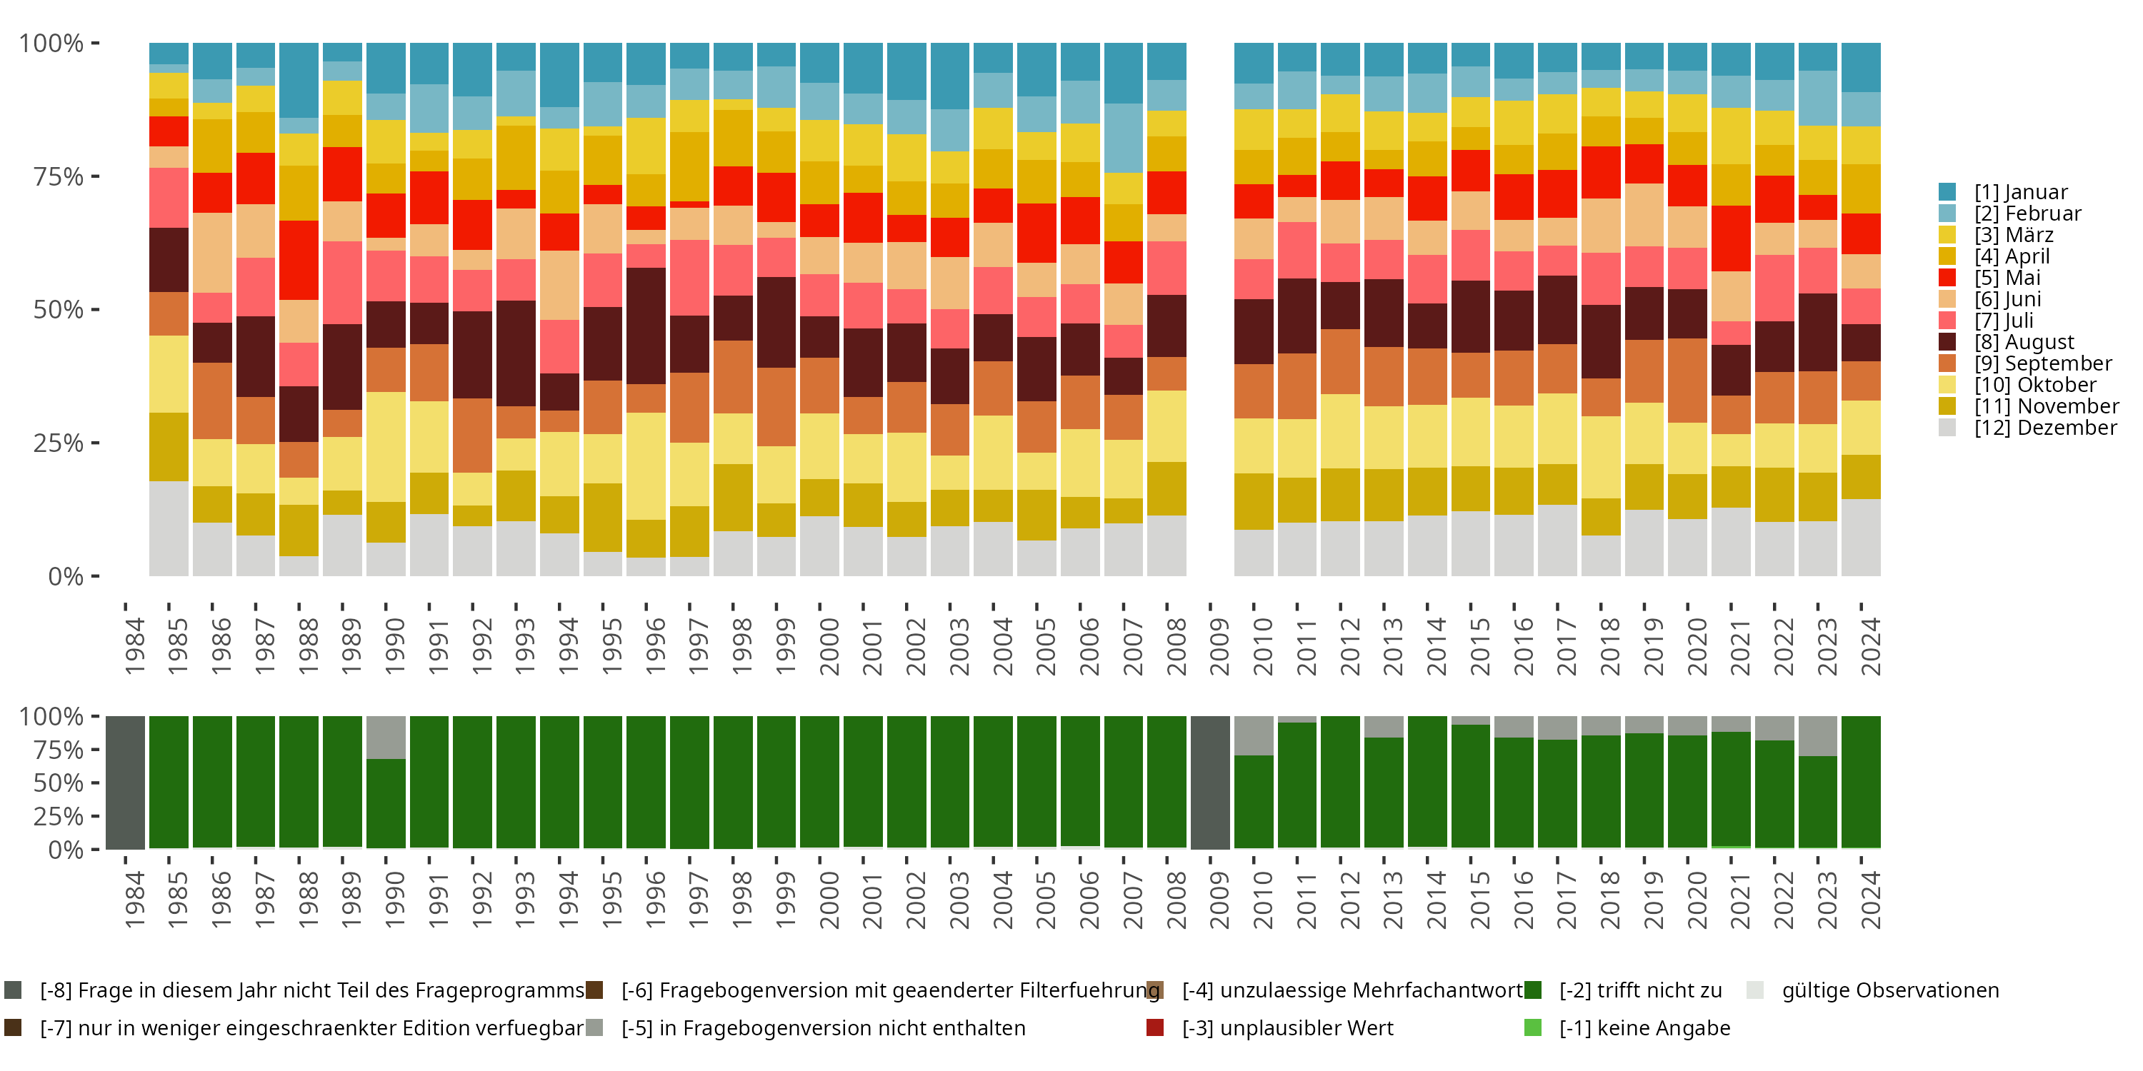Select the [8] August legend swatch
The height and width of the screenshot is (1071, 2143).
coord(1947,342)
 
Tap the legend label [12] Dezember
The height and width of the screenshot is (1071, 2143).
coord(2045,428)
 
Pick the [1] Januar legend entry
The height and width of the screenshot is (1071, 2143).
coord(2020,192)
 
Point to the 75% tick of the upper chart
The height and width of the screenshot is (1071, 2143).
coord(59,176)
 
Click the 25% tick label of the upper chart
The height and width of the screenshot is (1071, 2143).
coord(59,443)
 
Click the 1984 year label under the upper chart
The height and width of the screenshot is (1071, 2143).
coord(135,646)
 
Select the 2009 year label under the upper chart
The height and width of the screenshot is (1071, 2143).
coord(1219,646)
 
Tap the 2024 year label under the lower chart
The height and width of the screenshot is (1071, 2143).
coord(1869,900)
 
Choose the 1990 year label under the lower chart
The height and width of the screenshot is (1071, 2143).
coord(394,900)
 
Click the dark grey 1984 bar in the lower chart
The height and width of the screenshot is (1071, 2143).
coord(126,783)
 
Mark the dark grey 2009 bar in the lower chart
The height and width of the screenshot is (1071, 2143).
coord(1210,783)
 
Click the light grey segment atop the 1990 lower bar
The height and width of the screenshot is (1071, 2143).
coord(386,738)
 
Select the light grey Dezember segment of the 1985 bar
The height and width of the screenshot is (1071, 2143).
coord(169,528)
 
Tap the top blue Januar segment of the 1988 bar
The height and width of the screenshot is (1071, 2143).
coord(299,80)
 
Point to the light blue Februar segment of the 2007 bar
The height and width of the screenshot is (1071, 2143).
coord(1124,138)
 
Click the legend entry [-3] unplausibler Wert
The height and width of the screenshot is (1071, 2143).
coord(1286,1027)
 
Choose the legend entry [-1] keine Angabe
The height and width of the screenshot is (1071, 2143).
coord(1644,1027)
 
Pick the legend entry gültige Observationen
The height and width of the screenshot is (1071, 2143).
coord(1889,990)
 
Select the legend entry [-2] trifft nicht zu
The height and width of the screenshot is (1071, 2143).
coord(1639,990)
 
